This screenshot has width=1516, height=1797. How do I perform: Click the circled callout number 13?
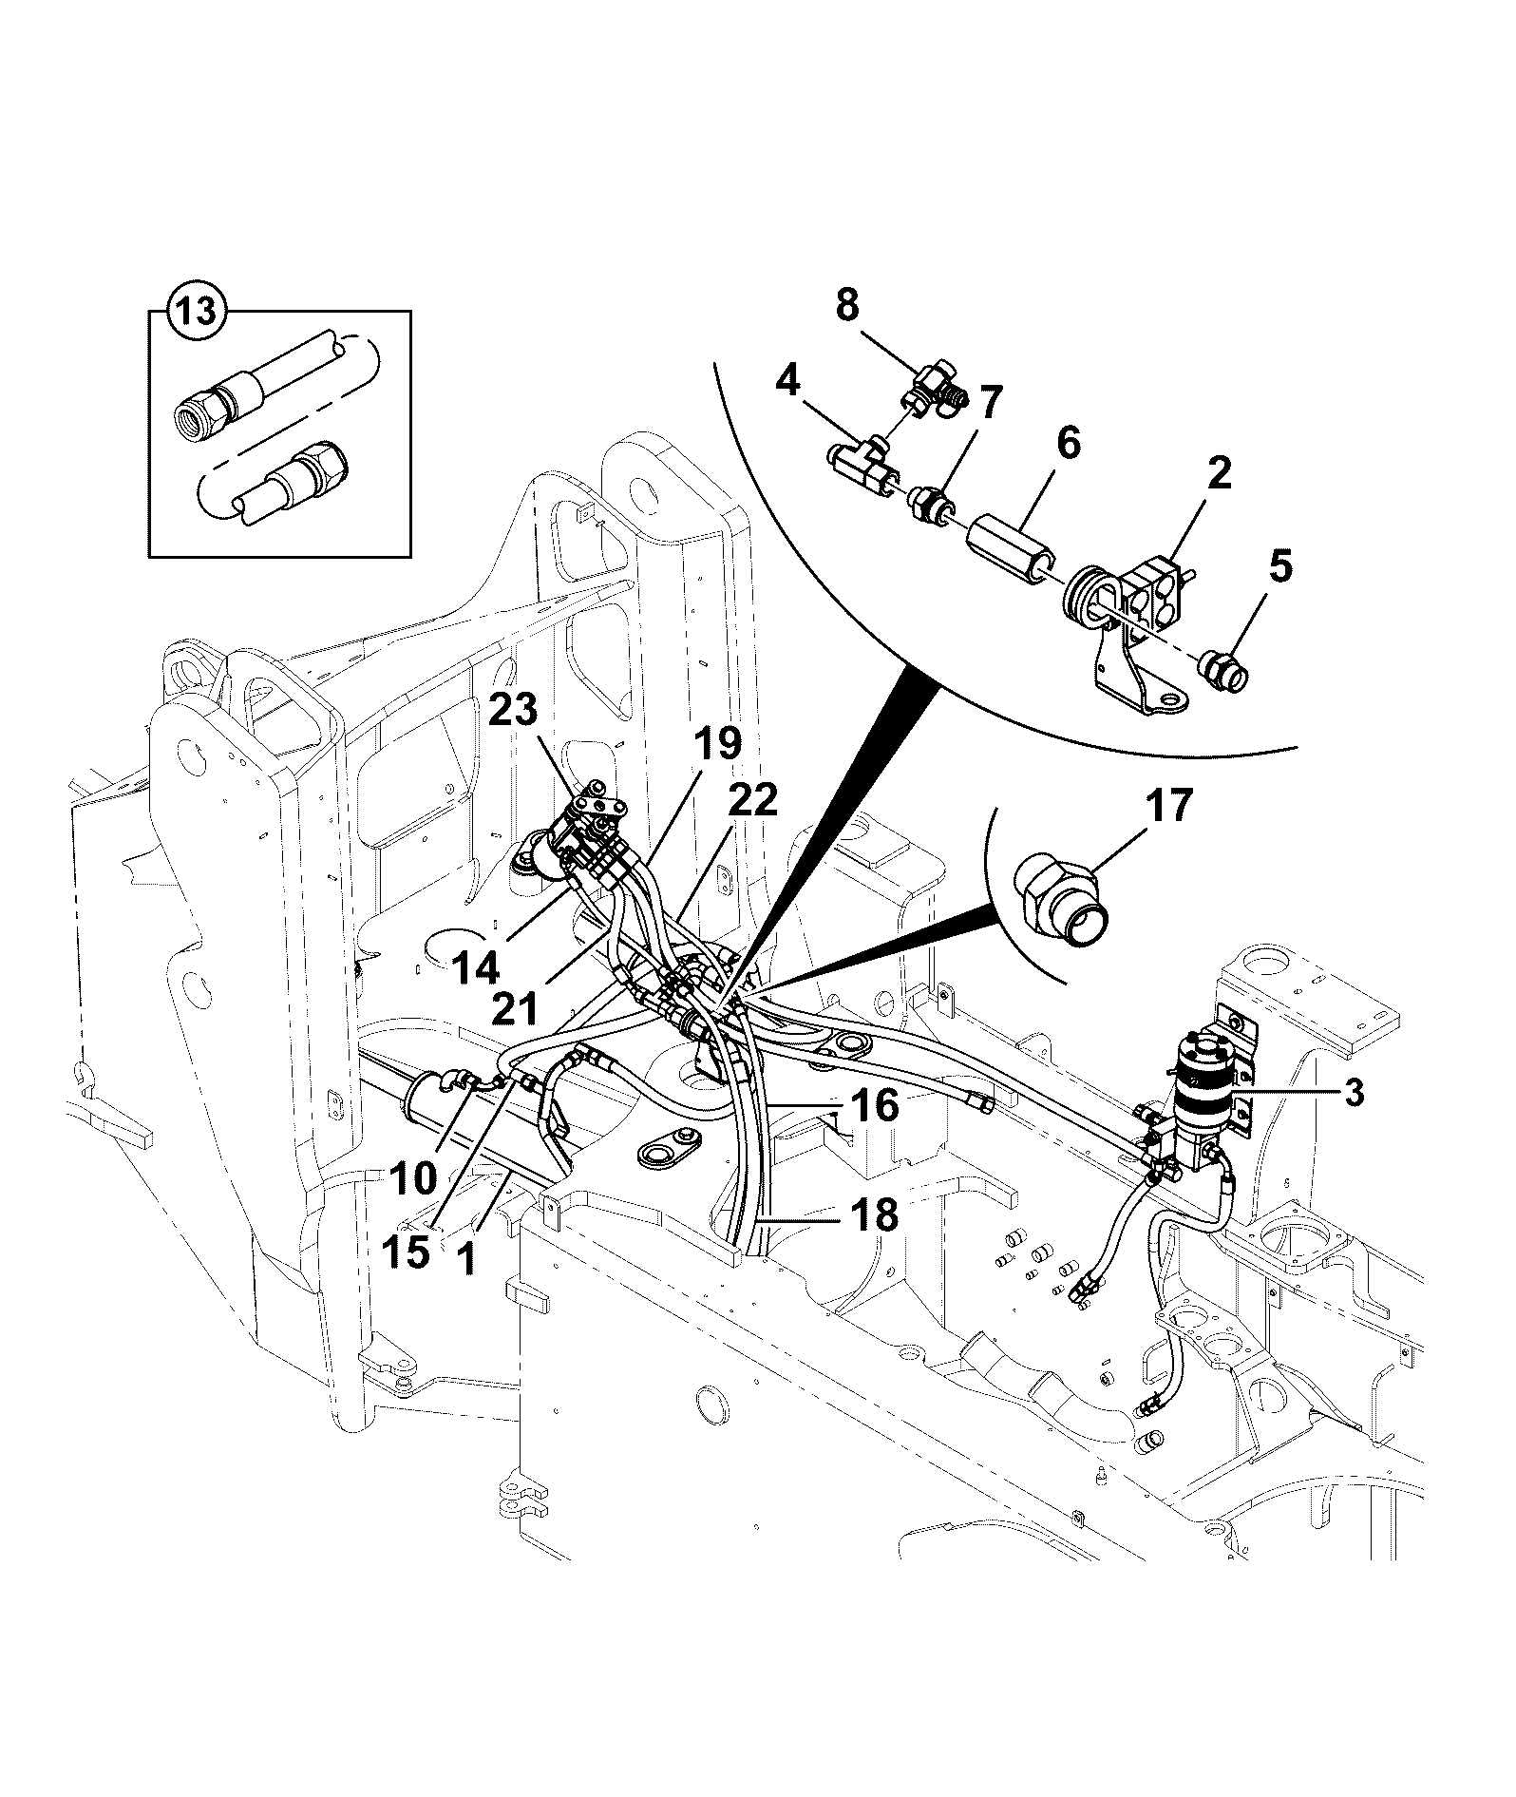tap(197, 312)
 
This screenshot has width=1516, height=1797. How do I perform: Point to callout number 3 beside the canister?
tap(1353, 1093)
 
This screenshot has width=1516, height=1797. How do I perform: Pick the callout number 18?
tap(872, 1214)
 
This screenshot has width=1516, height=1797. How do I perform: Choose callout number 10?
tap(410, 1178)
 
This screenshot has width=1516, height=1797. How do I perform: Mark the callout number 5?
tap(1280, 567)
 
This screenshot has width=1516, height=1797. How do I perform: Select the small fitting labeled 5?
tap(1224, 665)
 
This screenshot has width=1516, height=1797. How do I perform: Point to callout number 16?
tap(874, 1104)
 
